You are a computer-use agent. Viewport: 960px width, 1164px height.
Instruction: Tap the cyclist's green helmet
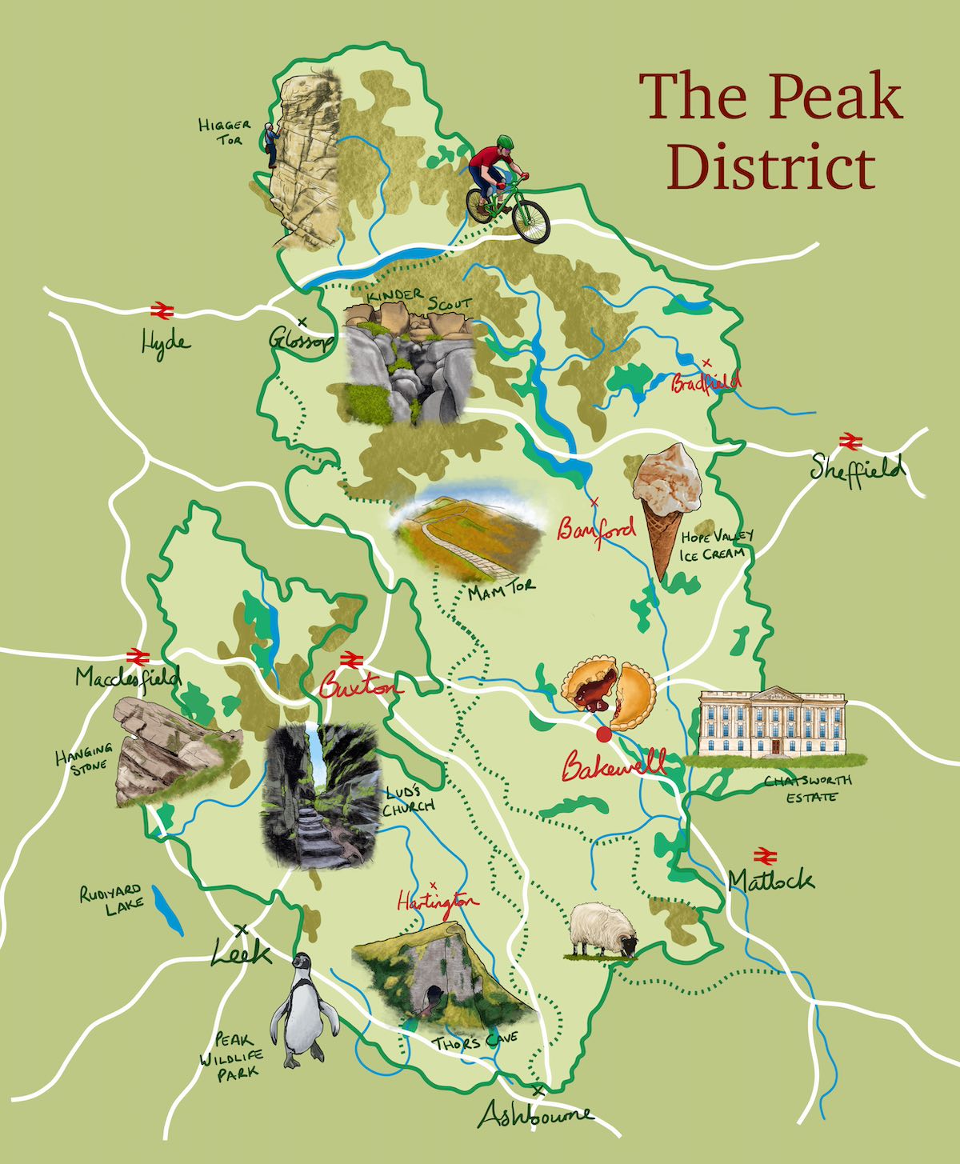pos(504,142)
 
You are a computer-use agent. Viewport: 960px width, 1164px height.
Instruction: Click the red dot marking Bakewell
pos(603,734)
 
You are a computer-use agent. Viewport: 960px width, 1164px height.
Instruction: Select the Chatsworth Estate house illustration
pos(772,722)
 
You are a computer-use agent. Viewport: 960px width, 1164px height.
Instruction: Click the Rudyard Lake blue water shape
pos(168,910)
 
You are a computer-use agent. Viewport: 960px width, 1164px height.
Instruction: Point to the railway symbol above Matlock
pos(765,854)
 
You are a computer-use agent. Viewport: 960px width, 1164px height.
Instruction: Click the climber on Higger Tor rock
pos(272,146)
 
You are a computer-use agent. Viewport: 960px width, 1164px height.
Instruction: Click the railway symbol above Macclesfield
pos(138,656)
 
